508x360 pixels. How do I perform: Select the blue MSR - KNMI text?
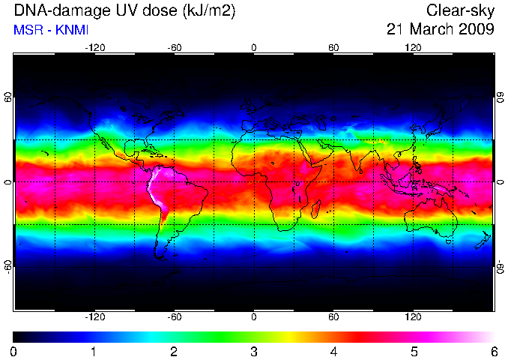(x=51, y=30)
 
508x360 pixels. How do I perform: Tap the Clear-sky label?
(x=460, y=10)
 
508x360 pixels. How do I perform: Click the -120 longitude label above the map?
(x=95, y=48)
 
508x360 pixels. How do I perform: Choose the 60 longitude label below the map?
(x=333, y=316)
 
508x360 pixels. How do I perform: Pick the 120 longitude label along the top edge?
(x=413, y=48)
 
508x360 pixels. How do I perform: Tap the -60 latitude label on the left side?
(x=8, y=267)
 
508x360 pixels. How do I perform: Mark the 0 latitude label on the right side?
(x=501, y=182)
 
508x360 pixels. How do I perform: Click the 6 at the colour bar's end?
(x=494, y=352)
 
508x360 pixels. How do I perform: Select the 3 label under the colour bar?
(x=254, y=352)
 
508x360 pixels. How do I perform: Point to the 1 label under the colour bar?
(x=94, y=352)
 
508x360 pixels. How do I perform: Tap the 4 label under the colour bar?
(x=333, y=352)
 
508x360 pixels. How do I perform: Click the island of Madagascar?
(x=316, y=209)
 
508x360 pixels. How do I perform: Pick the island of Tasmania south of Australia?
(x=448, y=241)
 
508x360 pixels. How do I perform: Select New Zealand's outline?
(x=483, y=241)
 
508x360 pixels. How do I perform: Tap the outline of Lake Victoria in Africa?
(x=297, y=184)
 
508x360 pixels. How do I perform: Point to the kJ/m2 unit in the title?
(x=209, y=11)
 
